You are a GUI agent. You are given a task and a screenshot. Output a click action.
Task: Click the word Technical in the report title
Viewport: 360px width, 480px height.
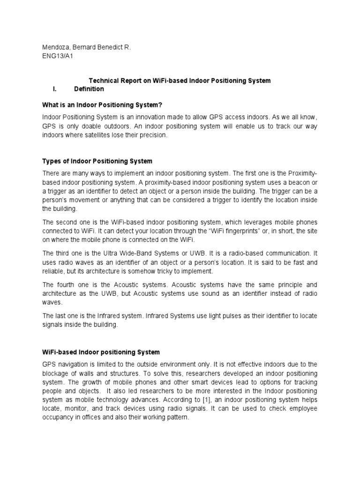[105, 81]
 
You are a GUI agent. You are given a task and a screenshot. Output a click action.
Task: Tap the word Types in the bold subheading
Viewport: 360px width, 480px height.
[52, 161]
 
